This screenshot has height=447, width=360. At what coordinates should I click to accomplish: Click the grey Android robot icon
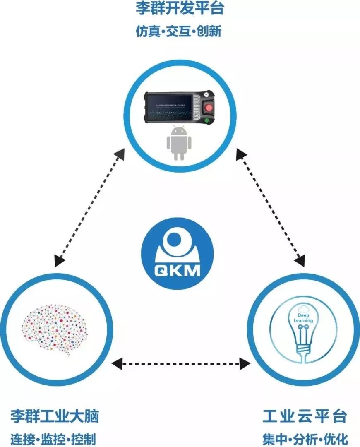click(x=179, y=143)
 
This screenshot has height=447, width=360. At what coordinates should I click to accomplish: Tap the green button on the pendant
click(x=206, y=121)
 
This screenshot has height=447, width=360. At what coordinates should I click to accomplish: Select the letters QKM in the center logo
click(x=178, y=271)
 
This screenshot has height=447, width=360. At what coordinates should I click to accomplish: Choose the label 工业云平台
click(x=305, y=416)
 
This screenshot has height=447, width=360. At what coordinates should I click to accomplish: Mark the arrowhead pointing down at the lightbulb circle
click(x=299, y=261)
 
